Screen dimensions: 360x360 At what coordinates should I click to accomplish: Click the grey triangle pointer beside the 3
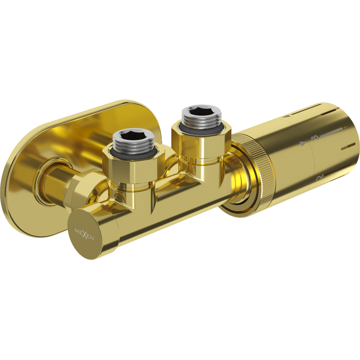[x=303, y=144]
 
